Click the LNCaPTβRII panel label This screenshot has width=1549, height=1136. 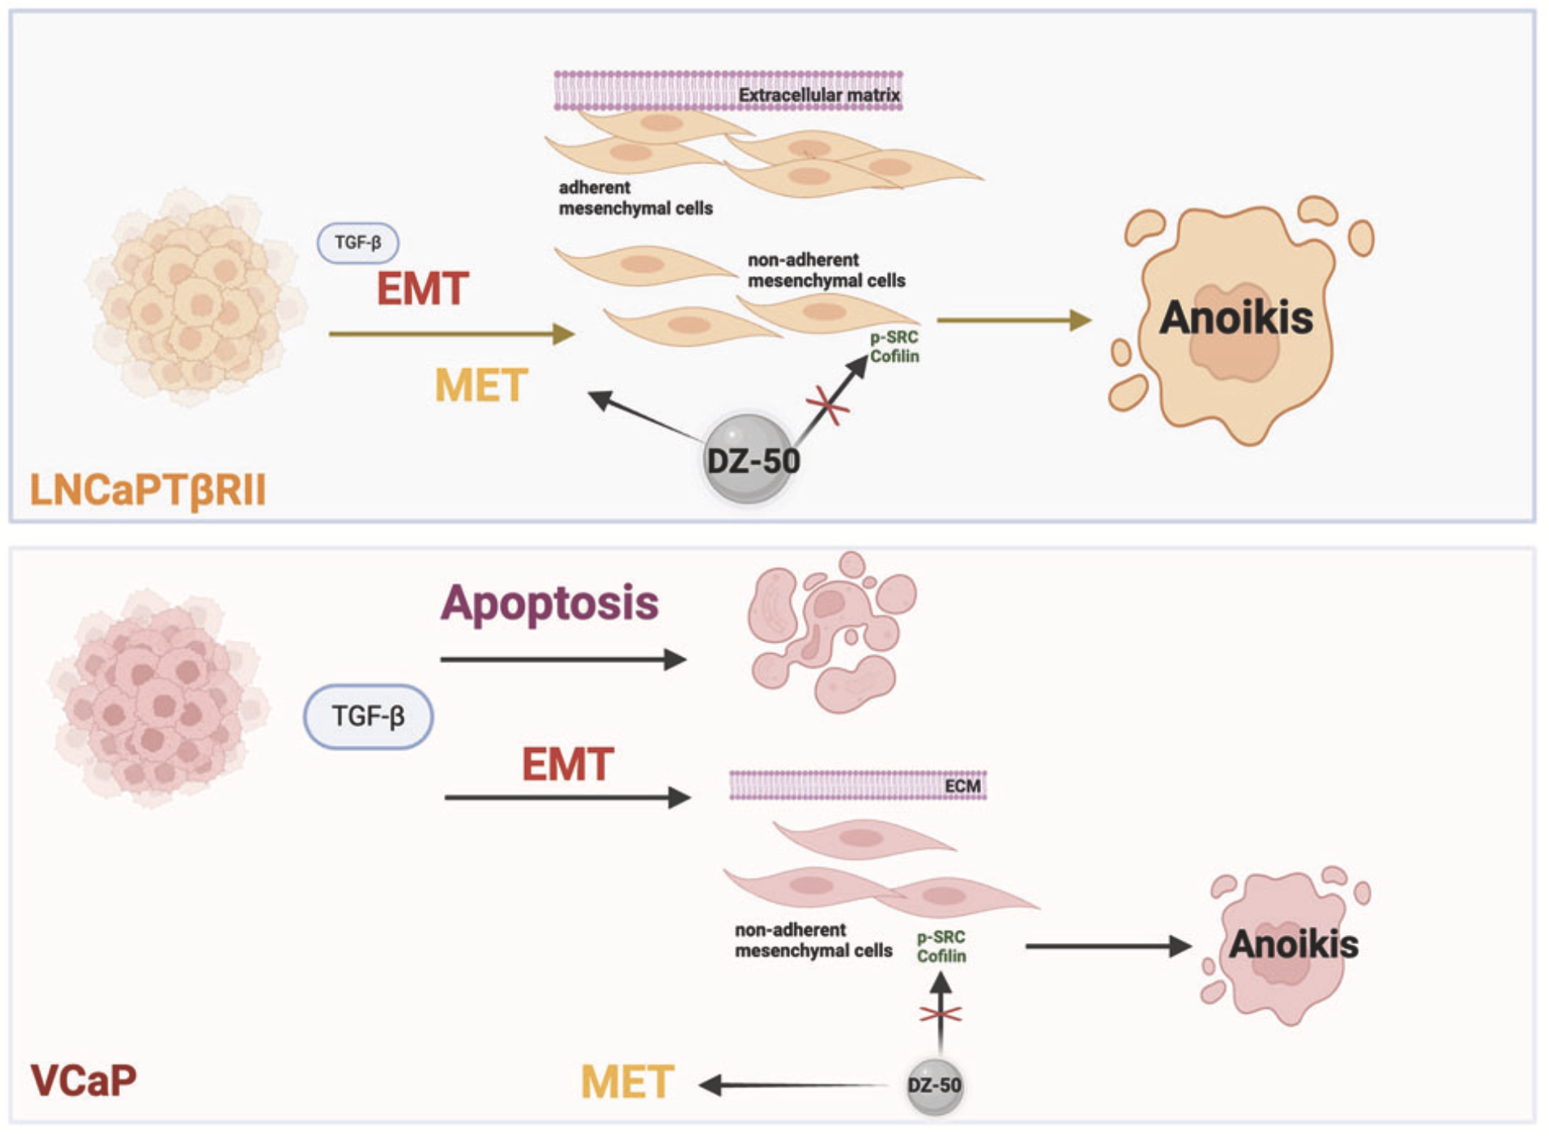pos(147,489)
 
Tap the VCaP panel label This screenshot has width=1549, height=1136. pos(83,1080)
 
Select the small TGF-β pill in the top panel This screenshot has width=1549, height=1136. pos(357,242)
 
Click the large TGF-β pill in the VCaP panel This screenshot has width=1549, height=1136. pos(368,716)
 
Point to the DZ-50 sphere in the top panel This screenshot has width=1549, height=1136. pos(749,459)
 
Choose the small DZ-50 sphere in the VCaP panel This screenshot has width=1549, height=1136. pos(934,1086)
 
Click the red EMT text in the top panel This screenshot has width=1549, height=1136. pos(422,288)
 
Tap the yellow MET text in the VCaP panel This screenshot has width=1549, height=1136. pos(627,1082)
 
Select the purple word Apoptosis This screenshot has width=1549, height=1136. pos(549,603)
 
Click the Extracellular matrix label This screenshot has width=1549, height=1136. pos(818,96)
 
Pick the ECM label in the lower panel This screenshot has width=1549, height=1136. pos(962,786)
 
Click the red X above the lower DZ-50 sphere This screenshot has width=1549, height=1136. pos(940,1014)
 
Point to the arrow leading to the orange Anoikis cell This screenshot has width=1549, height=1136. pos(1013,320)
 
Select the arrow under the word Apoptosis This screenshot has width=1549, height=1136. pos(563,660)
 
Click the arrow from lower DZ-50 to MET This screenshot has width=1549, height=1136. pos(794,1085)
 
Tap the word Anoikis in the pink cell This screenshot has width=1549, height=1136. pos(1293,945)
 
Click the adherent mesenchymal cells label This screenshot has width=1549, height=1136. pos(635,198)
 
